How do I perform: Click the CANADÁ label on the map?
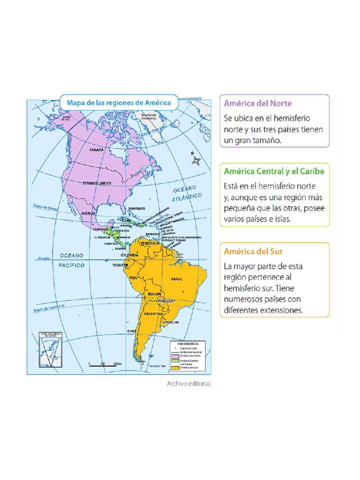(96, 150)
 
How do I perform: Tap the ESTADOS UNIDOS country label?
(97, 183)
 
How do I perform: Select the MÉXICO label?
(89, 213)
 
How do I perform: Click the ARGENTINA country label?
(153, 314)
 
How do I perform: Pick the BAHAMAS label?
(136, 208)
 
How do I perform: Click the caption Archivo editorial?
(189, 383)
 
